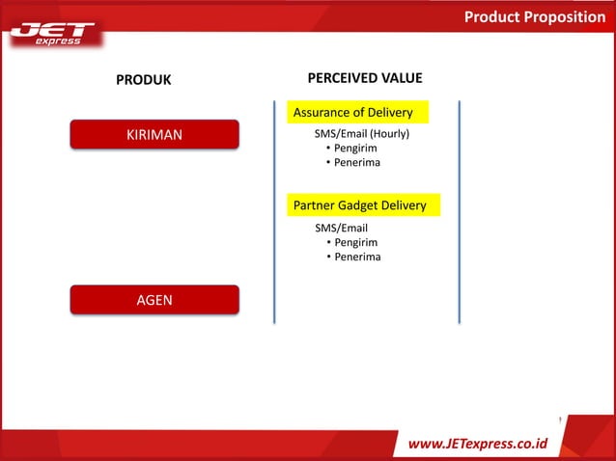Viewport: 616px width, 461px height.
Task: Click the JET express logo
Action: (53, 34)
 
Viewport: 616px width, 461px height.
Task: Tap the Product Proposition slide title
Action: (534, 16)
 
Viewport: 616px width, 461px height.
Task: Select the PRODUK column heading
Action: (144, 80)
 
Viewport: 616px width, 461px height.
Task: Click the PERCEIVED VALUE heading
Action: (364, 78)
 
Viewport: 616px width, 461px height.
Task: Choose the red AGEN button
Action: (154, 300)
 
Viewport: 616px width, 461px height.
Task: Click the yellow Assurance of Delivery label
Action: (352, 113)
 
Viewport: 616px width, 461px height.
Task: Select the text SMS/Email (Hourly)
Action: (362, 133)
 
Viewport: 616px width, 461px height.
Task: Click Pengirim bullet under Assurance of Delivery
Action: (355, 148)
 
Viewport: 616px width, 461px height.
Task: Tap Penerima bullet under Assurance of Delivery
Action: (357, 162)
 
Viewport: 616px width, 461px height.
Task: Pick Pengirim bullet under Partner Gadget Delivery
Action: (355, 242)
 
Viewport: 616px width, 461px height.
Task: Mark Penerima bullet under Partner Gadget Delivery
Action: (357, 257)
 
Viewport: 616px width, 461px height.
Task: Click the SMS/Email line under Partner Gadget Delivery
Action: (341, 228)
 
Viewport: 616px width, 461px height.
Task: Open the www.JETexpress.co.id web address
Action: (478, 444)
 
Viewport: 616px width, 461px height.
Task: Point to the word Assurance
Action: (323, 113)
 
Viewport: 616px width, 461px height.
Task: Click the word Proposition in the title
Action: (566, 16)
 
